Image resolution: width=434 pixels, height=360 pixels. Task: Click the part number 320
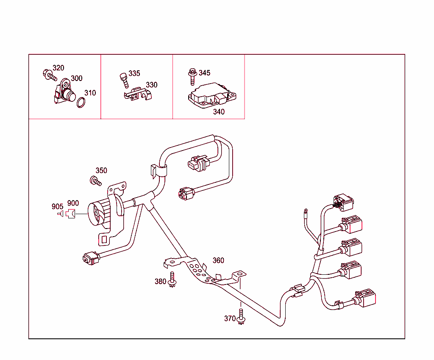coord(58,68)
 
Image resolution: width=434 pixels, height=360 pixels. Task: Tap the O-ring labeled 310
coord(81,102)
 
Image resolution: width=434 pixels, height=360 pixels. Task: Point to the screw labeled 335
coord(123,79)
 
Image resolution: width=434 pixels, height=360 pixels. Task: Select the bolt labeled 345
coord(192,76)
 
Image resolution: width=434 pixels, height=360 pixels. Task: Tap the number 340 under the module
coord(219,112)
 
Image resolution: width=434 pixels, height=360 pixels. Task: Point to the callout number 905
coord(57,207)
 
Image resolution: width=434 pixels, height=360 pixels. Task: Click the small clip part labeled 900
coord(70,214)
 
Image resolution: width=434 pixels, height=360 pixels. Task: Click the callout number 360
coord(218,260)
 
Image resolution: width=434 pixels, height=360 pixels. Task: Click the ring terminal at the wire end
coord(305,209)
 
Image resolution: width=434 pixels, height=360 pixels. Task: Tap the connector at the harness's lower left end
coord(89,258)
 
